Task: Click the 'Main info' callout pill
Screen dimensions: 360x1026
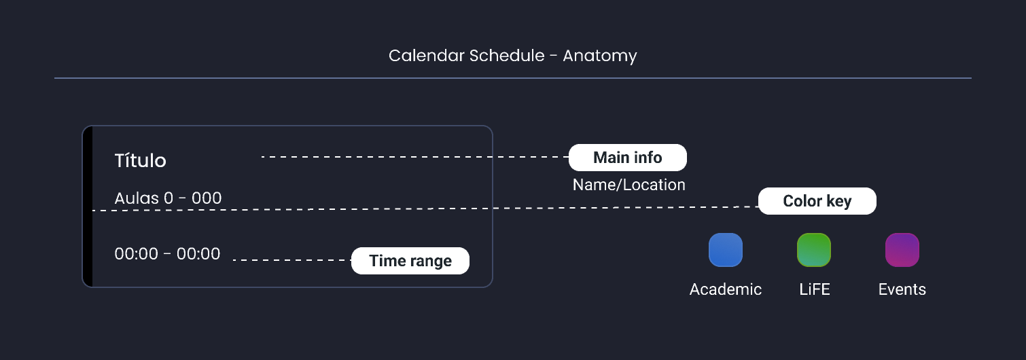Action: [x=627, y=158]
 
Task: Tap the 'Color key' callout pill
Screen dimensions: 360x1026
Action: [x=817, y=201]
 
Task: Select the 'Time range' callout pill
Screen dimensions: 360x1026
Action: [x=410, y=261]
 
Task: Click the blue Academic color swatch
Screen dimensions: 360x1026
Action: [x=725, y=250]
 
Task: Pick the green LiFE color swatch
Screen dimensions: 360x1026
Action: [x=813, y=250]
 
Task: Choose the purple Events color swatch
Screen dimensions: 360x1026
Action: [x=902, y=250]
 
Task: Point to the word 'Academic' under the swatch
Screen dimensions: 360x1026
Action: [x=725, y=289]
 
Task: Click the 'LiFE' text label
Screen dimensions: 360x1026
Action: [x=814, y=289]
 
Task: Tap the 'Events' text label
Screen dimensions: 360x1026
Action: [x=902, y=289]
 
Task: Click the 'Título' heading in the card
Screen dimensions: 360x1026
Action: [x=140, y=161]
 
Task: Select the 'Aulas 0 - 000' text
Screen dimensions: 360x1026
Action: [x=168, y=198]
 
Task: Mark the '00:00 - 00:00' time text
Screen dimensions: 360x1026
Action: [x=167, y=254]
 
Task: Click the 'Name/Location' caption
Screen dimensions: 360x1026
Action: [x=629, y=185]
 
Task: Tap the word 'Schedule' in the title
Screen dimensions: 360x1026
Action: [x=507, y=55]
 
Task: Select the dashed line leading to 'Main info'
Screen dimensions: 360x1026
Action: [x=414, y=157]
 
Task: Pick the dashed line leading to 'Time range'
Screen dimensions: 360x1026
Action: [x=292, y=260]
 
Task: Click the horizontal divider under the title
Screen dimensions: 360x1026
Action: [x=512, y=78]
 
